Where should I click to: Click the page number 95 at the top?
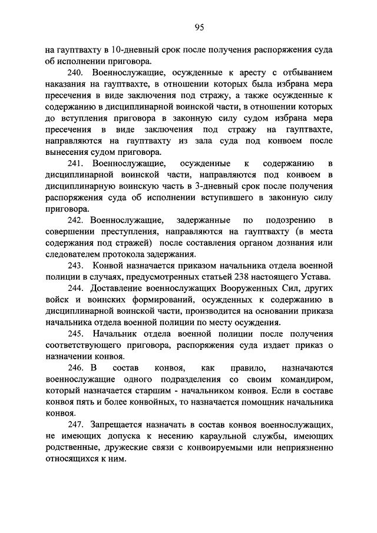(200, 27)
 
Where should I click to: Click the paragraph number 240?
(75, 73)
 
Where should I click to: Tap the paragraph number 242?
(75, 220)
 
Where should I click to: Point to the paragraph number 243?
(75, 266)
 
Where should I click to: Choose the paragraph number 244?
(75, 289)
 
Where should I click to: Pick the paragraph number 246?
(75, 368)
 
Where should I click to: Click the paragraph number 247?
(75, 425)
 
